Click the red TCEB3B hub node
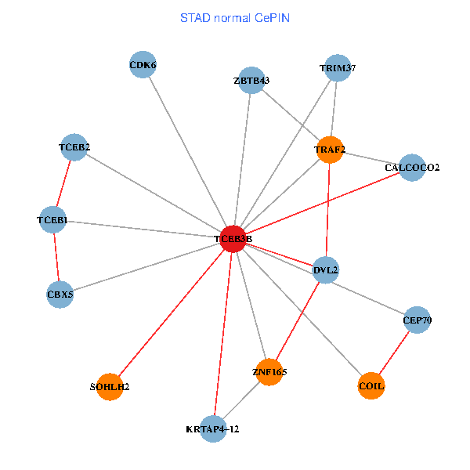pos(233,239)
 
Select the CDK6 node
pos(143,65)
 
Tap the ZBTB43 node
pos(251,81)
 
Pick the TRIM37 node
pos(337,68)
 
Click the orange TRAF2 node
pos(331,150)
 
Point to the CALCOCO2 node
pos(412,168)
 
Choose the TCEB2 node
pos(74,147)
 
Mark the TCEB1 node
pos(52,221)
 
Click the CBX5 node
pos(60,295)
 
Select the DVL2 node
pos(325,270)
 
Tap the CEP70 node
pos(417,320)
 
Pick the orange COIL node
pos(371,386)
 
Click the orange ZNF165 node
pos(269,372)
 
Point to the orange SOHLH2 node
pos(110,386)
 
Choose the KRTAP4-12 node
pos(213,428)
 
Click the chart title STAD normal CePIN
pos(234,17)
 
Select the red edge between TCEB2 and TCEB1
pos(63,184)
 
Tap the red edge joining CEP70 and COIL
pos(394,352)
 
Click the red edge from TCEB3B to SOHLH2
pos(171,313)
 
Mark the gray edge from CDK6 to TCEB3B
pos(188,152)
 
